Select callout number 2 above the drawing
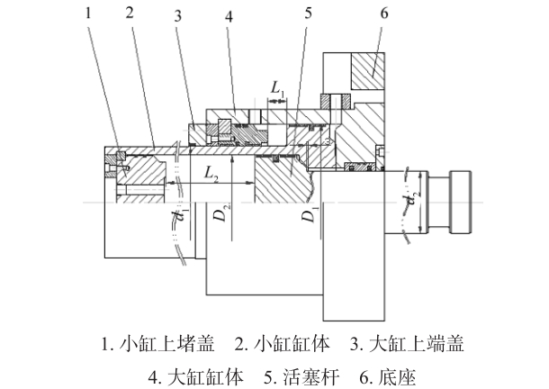(130, 13)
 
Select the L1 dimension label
(278, 88)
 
